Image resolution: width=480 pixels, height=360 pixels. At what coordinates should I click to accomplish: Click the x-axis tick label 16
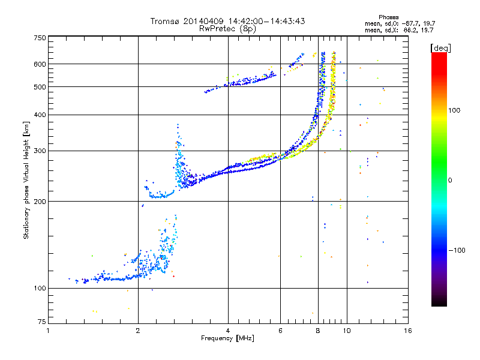407,331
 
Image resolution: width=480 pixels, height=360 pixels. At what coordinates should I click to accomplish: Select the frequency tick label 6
280,331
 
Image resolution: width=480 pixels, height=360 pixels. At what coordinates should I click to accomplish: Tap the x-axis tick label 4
228,331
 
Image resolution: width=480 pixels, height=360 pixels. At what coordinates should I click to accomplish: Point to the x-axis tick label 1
48,331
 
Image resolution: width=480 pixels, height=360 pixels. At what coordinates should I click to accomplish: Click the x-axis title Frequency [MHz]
227,338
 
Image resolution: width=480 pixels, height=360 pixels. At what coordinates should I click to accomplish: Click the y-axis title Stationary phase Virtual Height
26,181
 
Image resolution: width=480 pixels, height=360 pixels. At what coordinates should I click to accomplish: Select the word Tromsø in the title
167,21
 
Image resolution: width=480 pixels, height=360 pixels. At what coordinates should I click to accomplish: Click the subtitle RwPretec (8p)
227,28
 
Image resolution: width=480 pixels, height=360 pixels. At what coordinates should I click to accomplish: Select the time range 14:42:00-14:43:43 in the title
265,21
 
